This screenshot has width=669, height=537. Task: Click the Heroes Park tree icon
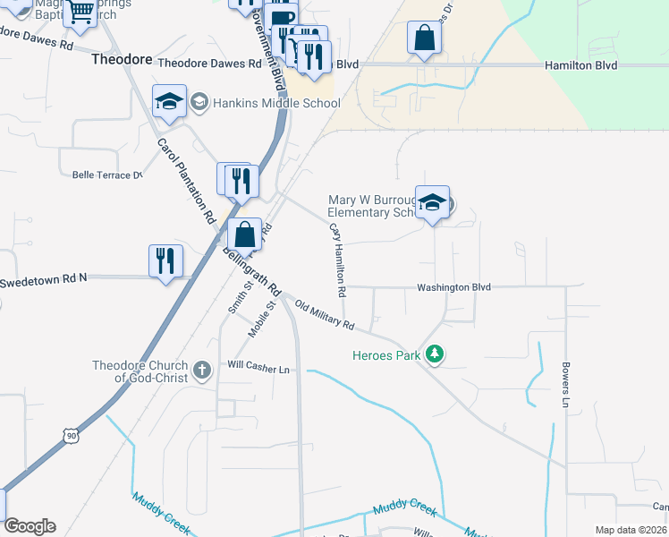click(x=435, y=354)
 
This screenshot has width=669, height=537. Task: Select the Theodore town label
click(x=123, y=59)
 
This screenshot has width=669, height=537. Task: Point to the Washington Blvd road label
click(x=454, y=287)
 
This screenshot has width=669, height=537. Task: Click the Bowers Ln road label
click(x=565, y=385)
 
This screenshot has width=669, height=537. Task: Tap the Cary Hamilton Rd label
click(x=337, y=260)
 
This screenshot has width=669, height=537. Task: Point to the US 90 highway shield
click(x=72, y=435)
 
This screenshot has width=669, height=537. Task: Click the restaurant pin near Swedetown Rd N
click(x=165, y=261)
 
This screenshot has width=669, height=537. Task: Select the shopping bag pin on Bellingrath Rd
click(x=244, y=236)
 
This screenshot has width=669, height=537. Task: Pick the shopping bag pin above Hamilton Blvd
click(x=424, y=38)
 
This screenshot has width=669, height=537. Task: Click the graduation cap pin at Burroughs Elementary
click(x=432, y=202)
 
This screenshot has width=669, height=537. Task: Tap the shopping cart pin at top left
click(x=80, y=13)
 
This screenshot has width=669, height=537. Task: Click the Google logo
click(x=30, y=526)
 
